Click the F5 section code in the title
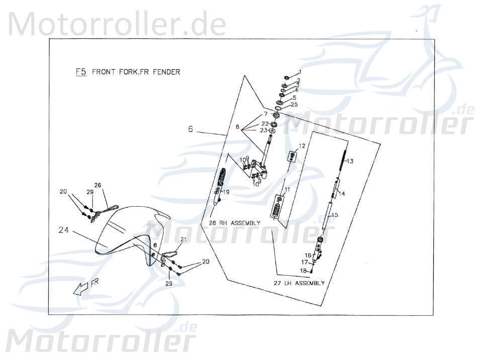click(81, 72)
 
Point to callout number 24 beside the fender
click(64, 231)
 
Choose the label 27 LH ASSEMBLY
click(299, 283)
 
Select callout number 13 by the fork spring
click(350, 161)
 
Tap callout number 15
click(348, 215)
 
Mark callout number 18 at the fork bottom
click(303, 271)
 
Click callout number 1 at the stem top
click(300, 72)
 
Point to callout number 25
click(295, 105)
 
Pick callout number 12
click(302, 146)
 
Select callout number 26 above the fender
click(98, 185)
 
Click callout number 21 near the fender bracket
click(183, 239)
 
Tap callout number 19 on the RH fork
click(226, 192)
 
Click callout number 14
click(342, 193)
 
